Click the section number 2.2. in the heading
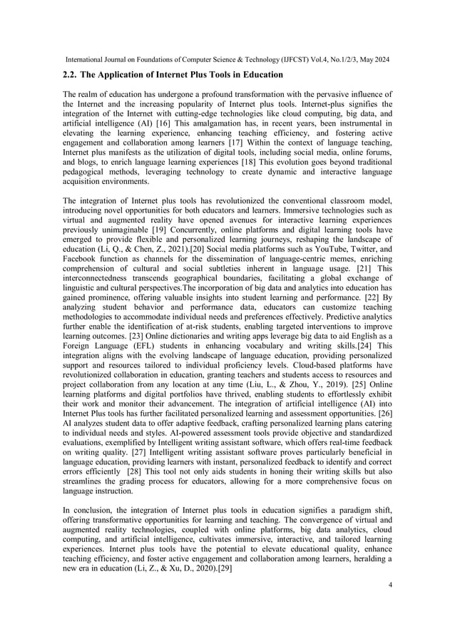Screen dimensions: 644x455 (73, 73)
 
